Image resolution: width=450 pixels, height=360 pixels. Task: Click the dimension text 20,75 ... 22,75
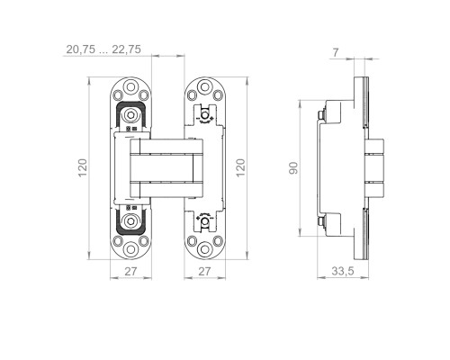(103, 49)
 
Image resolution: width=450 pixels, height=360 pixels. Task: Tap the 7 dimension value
(336, 53)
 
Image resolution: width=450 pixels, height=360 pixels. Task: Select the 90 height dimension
(293, 168)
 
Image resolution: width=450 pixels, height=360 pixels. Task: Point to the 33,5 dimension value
(343, 271)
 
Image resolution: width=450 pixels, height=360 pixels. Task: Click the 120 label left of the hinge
(83, 168)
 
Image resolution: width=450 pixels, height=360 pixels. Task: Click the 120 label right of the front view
(240, 168)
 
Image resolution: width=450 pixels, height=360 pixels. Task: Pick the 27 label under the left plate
(130, 272)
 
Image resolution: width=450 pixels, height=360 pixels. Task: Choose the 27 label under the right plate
(204, 272)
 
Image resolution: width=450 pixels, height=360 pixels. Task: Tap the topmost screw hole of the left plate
(130, 87)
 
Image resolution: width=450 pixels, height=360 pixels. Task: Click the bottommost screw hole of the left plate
(130, 249)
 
